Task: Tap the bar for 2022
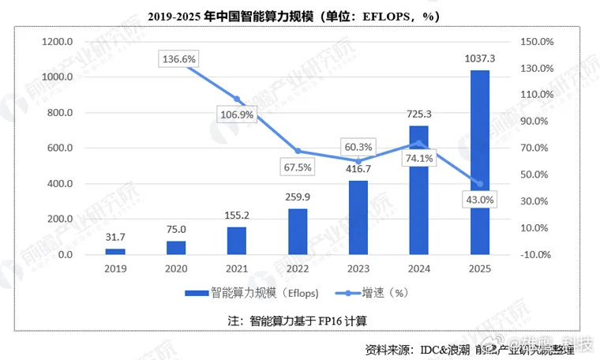(x=297, y=231)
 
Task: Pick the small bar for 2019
(x=115, y=251)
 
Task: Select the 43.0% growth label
(x=478, y=200)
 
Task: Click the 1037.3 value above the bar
(x=480, y=58)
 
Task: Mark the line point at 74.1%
(x=418, y=143)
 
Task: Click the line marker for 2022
(x=298, y=151)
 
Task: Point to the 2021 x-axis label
(x=237, y=269)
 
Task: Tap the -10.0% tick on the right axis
(x=536, y=255)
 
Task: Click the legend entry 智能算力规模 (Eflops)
(x=253, y=294)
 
